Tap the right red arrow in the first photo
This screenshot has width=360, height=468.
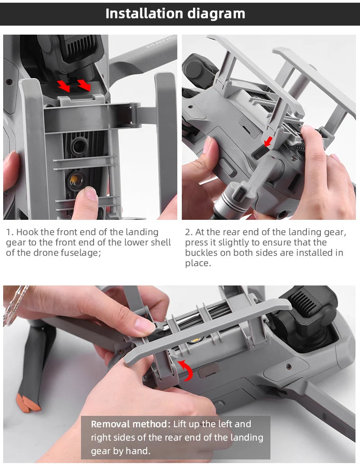[x=84, y=85]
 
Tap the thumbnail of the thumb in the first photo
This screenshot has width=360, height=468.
[x=90, y=193]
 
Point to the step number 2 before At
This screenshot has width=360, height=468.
[x=189, y=232]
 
